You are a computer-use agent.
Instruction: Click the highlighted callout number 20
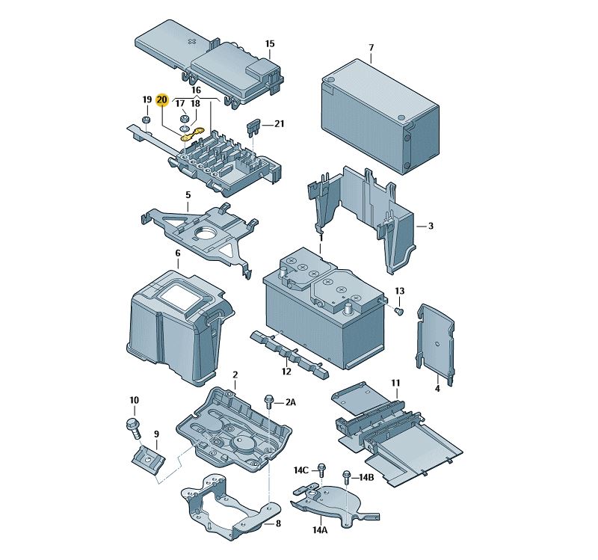point(162,99)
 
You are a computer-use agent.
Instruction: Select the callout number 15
point(270,44)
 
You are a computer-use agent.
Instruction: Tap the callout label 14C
point(300,470)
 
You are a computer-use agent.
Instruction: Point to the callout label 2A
point(289,402)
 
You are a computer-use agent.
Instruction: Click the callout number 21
point(280,123)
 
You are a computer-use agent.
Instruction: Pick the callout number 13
point(399,291)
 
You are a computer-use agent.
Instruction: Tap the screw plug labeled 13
point(398,310)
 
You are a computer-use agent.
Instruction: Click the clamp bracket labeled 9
point(149,457)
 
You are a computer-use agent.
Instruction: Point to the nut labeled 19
point(147,119)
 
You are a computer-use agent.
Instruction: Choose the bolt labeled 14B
point(346,476)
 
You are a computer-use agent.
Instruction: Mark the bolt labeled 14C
point(321,470)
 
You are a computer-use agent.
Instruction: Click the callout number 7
point(371,48)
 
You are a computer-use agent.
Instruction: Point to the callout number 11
point(396,384)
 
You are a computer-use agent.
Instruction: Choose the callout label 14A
point(320,529)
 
